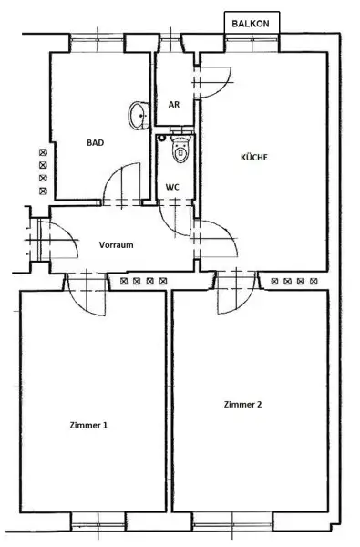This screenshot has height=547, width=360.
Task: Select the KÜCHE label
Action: point(254,157)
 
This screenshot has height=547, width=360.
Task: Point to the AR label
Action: point(173,104)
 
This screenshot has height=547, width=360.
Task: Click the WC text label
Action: point(172,187)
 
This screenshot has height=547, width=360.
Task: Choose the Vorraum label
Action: point(117,246)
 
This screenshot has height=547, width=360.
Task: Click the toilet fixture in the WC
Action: point(178,150)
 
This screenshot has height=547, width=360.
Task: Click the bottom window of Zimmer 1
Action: point(97,521)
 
